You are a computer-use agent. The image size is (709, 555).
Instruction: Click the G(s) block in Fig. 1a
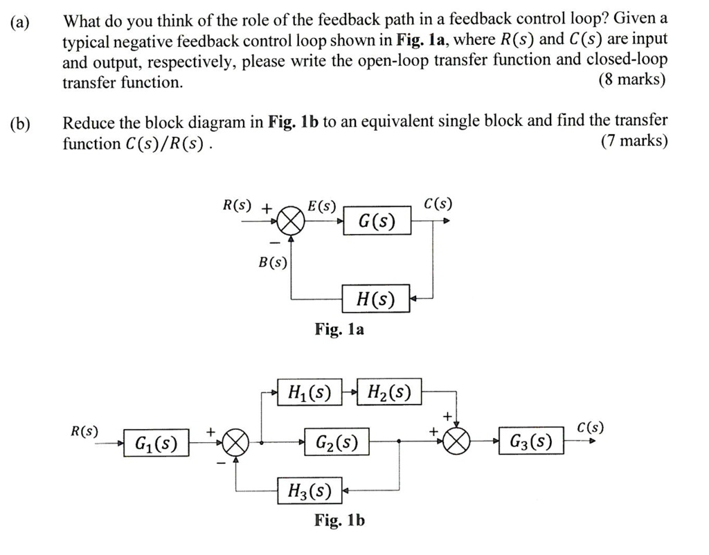click(x=377, y=221)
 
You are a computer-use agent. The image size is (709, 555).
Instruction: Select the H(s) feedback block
click(x=376, y=298)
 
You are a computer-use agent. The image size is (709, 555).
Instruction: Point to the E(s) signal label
click(x=321, y=206)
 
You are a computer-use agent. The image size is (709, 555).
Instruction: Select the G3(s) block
click(x=531, y=441)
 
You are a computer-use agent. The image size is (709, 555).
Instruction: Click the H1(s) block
click(x=308, y=393)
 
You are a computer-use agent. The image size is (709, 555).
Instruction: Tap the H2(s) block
click(x=390, y=393)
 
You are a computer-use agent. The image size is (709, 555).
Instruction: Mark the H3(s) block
click(x=309, y=491)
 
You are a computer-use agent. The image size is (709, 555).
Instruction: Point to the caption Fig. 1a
click(x=339, y=329)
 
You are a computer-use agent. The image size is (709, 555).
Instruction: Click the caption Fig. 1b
click(x=339, y=520)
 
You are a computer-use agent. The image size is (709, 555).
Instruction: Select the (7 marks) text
click(x=634, y=142)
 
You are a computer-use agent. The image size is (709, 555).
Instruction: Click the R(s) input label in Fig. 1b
click(x=84, y=431)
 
